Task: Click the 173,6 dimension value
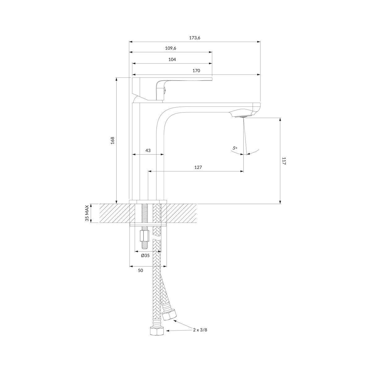195,38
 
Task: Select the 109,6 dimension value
171,48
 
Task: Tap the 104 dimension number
172,59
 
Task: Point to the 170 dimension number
196,71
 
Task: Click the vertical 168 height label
113,141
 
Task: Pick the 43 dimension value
148,150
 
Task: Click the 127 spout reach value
198,167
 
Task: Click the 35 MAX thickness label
87,213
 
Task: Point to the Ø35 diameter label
145,256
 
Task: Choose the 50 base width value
141,271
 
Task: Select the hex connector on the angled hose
169,314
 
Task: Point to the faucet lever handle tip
211,79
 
